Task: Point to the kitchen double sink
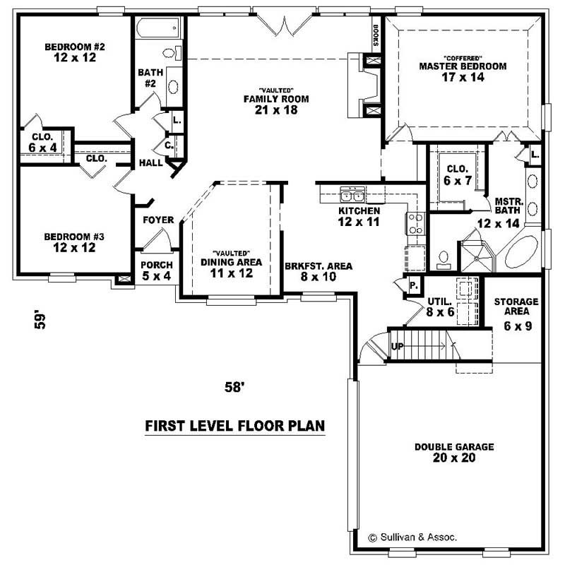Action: click(x=351, y=195)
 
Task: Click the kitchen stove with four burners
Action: click(x=417, y=224)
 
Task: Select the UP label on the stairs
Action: click(x=397, y=347)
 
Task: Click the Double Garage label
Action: click(x=454, y=447)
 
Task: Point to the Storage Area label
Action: click(x=516, y=307)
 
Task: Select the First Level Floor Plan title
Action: click(x=234, y=426)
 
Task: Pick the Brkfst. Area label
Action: click(x=319, y=267)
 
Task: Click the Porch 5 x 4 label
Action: click(x=156, y=270)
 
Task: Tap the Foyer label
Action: click(x=158, y=220)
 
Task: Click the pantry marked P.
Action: click(x=414, y=286)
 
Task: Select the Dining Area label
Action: click(x=230, y=262)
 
